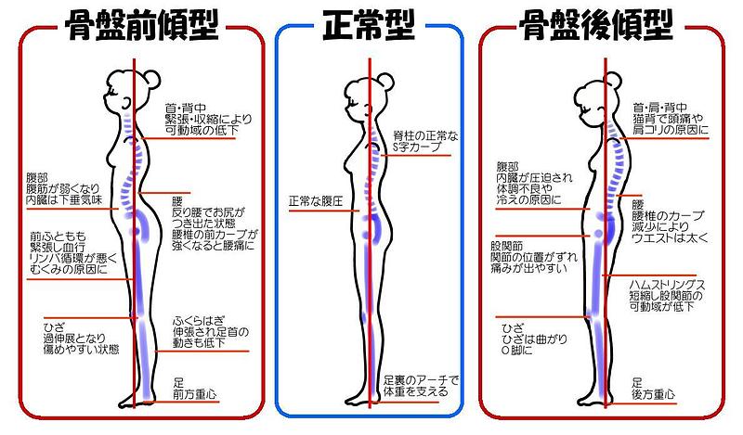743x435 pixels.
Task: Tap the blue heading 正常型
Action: click(x=371, y=26)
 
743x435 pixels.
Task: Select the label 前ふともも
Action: click(x=59, y=237)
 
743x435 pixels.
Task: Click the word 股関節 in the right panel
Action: click(x=507, y=247)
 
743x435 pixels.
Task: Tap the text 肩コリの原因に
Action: click(x=670, y=130)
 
